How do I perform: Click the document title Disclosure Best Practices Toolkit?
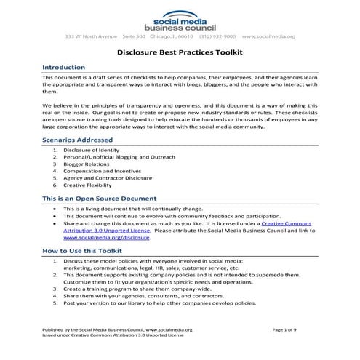180,52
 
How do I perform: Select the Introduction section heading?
64,66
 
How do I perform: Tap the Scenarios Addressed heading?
77,139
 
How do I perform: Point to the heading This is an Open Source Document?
99,198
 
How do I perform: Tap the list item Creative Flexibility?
91,185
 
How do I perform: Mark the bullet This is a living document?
127,208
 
